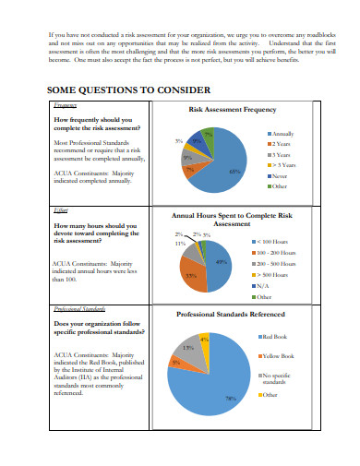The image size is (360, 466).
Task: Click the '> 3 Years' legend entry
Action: click(x=282, y=164)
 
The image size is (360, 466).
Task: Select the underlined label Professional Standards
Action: click(x=76, y=309)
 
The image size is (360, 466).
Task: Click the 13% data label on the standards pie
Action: click(x=188, y=348)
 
